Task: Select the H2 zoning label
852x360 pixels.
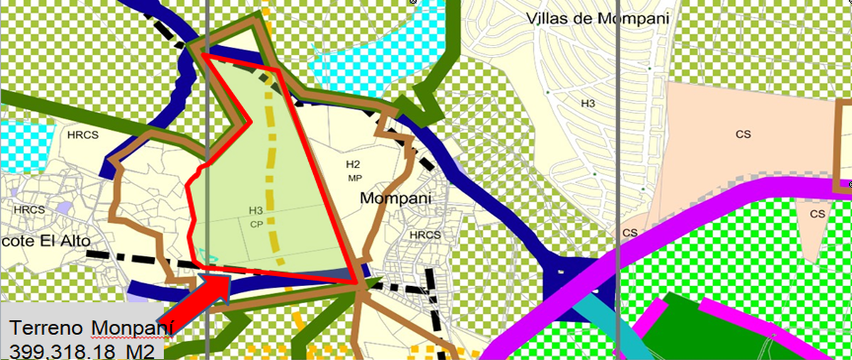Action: [x=353, y=165]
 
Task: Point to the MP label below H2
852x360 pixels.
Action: [x=354, y=178]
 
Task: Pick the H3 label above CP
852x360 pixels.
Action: [x=256, y=211]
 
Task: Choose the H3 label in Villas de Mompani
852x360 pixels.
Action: [x=587, y=104]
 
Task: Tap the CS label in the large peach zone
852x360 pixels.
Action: [x=743, y=133]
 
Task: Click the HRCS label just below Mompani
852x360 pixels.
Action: [x=425, y=234]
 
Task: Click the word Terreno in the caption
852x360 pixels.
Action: [x=47, y=329]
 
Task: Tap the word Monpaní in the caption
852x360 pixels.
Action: [x=131, y=329]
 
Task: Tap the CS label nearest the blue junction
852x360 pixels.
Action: [x=630, y=232]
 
